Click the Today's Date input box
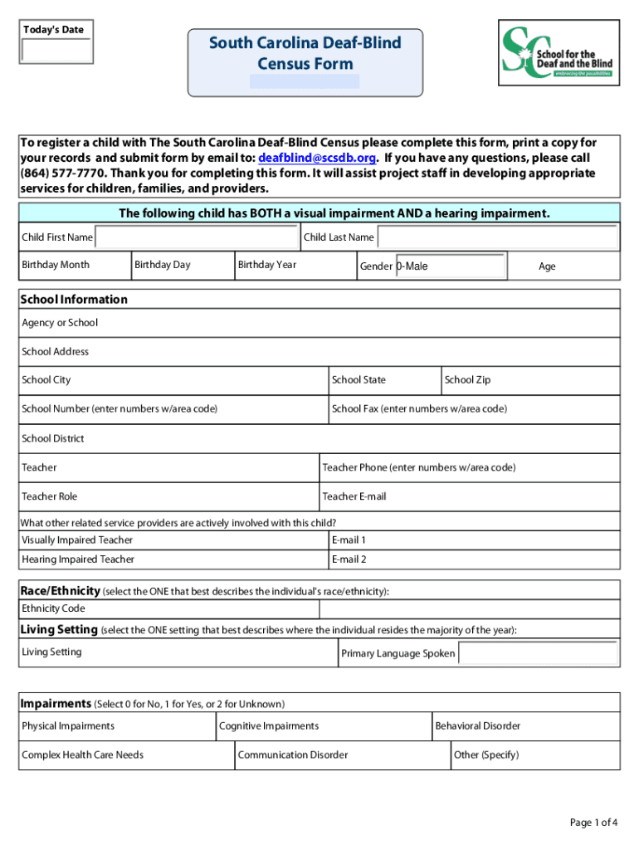point(56,51)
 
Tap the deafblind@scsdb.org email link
point(318,158)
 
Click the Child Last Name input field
point(497,237)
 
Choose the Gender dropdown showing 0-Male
point(450,266)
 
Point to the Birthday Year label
point(266,265)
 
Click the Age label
point(547,266)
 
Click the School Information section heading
point(74,299)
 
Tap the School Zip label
point(467,380)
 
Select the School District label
point(53,438)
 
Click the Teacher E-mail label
point(354,496)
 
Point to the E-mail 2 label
point(349,559)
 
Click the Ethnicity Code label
point(53,608)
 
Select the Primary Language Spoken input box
point(539,653)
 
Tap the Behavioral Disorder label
point(478,725)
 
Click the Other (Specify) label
point(486,755)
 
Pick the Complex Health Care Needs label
point(82,755)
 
